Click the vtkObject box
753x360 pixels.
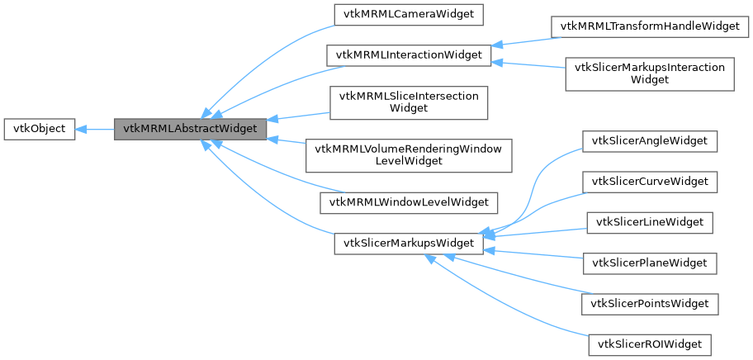(40, 129)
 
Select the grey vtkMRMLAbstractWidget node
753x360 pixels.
(190, 129)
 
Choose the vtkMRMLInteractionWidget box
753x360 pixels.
(409, 56)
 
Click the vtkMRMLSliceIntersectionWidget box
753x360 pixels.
(409, 102)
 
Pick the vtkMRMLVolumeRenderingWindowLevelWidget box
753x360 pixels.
(409, 154)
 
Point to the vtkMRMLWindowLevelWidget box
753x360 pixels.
(409, 201)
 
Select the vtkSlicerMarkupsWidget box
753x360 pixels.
(408, 244)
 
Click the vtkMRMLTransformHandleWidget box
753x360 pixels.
(649, 26)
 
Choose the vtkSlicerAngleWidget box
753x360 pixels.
(649, 141)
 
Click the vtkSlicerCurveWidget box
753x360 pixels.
(649, 181)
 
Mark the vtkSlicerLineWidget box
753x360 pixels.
(649, 222)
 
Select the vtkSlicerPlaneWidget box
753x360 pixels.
(649, 263)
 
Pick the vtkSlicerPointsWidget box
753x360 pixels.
(649, 304)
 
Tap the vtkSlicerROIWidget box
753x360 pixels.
(649, 344)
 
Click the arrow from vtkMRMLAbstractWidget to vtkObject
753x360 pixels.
(95, 129)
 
